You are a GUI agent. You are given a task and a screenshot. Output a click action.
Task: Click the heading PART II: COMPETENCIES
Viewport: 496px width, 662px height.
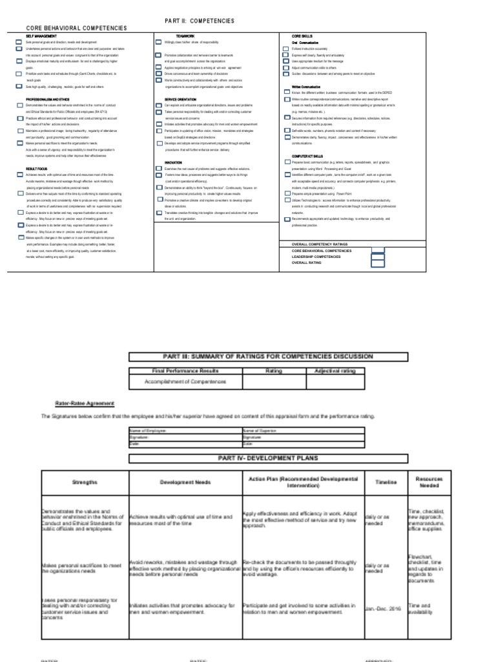tap(200, 21)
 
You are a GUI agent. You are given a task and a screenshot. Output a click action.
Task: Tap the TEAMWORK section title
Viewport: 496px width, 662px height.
tap(176, 36)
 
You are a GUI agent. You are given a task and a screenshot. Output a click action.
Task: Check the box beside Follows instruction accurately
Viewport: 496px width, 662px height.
tap(285, 49)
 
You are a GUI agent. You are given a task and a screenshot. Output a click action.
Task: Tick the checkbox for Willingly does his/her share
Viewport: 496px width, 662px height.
tap(158, 42)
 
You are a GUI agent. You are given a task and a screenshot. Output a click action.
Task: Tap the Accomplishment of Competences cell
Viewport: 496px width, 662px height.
tap(187, 382)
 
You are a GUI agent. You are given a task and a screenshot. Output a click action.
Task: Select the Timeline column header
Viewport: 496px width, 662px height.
tap(384, 482)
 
